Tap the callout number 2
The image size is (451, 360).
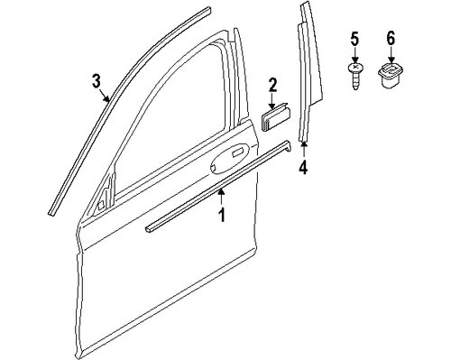(272, 86)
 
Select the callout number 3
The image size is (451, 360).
(97, 82)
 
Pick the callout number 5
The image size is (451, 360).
(354, 39)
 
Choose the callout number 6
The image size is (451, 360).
(390, 39)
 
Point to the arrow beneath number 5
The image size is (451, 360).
(354, 56)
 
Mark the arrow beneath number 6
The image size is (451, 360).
(390, 56)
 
